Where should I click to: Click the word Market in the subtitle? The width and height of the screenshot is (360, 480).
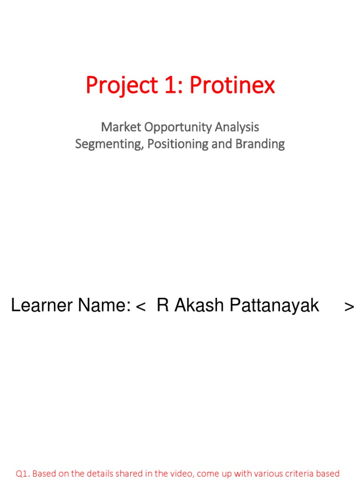(117, 127)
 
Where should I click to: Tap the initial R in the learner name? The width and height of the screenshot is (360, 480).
(162, 306)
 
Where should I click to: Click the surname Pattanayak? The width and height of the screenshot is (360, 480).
(274, 306)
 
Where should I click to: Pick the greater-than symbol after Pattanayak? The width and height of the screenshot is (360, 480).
(349, 307)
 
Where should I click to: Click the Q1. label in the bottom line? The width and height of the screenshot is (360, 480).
(23, 474)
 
